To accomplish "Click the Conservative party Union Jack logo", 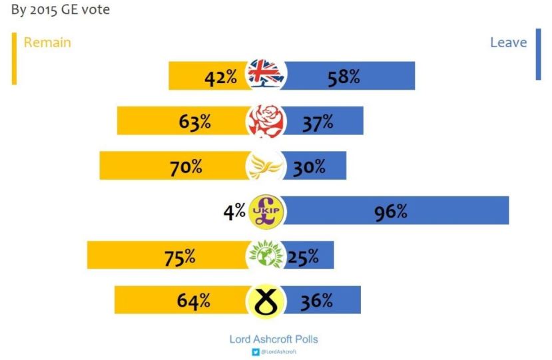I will click(266, 75).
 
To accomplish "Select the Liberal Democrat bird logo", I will click(266, 166).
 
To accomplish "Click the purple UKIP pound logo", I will click(266, 211).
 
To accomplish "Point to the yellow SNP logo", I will click(266, 300).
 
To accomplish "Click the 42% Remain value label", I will click(220, 77).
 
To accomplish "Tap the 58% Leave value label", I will click(344, 77).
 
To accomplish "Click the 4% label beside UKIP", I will click(234, 213).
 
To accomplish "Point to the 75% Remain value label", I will click(180, 257).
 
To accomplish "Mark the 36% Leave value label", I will click(316, 301).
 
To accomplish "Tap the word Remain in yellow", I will click(47, 43).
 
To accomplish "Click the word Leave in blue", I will click(508, 43).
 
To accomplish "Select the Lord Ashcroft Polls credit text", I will click(274, 339).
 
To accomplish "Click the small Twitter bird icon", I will click(256, 351).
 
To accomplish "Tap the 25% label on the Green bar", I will click(303, 257).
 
